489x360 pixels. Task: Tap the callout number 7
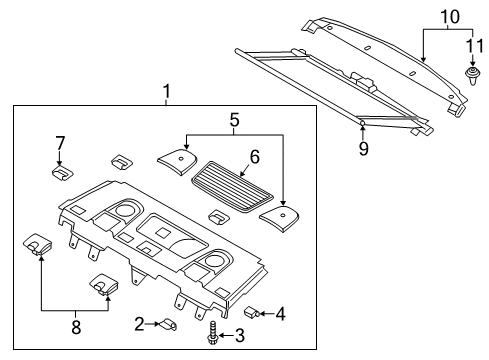click(x=59, y=143)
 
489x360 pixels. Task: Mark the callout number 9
click(x=364, y=149)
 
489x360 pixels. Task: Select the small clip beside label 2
click(x=167, y=323)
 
